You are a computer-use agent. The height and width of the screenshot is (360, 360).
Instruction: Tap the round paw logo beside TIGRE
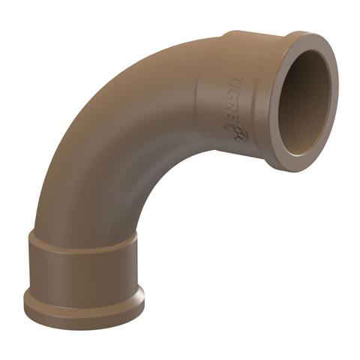tap(236, 133)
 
